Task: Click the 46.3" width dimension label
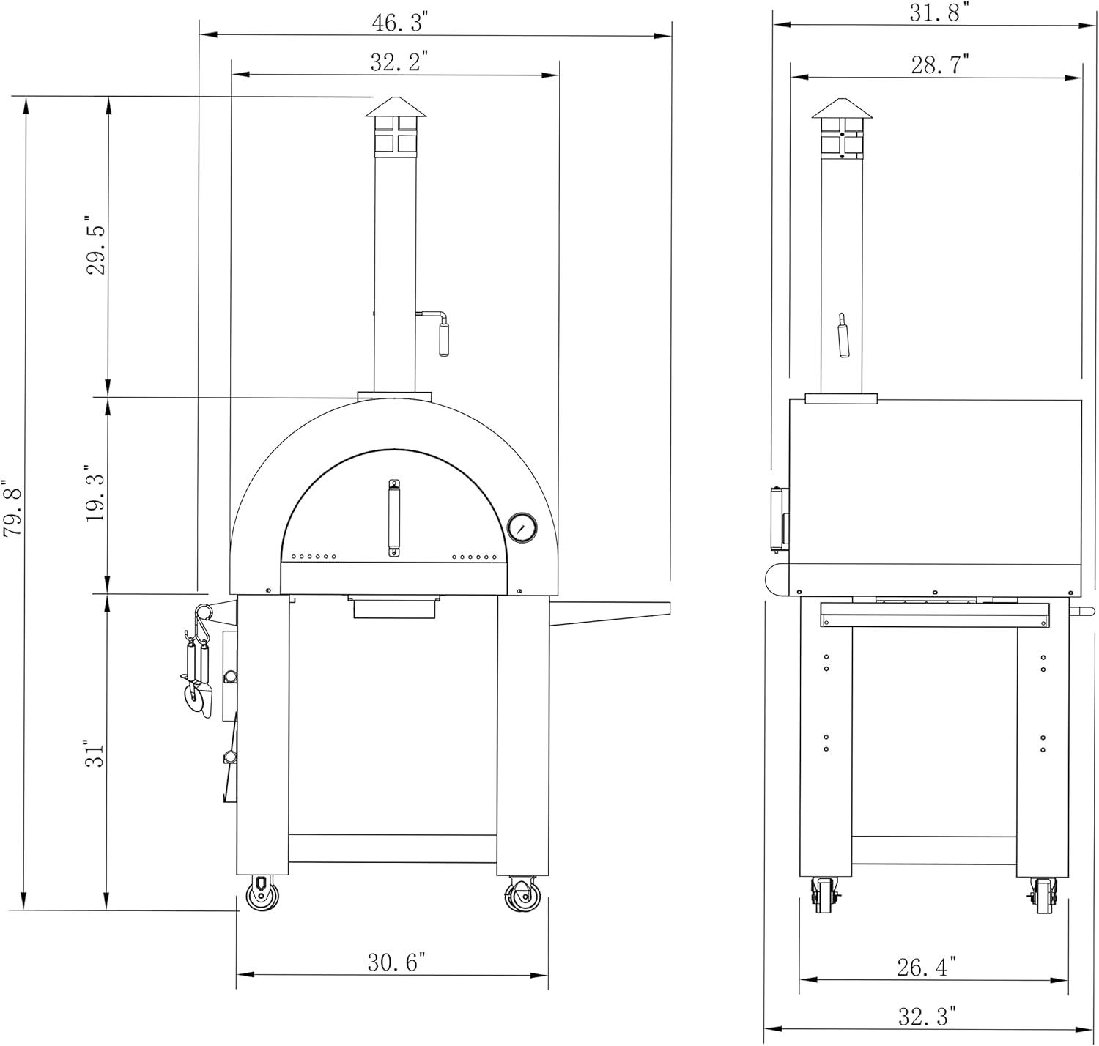point(400,23)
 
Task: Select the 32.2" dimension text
point(399,62)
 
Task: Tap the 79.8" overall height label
point(12,508)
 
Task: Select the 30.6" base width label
point(396,962)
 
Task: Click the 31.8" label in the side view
point(939,12)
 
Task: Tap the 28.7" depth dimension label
point(940,65)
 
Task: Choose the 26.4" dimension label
point(927,967)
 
